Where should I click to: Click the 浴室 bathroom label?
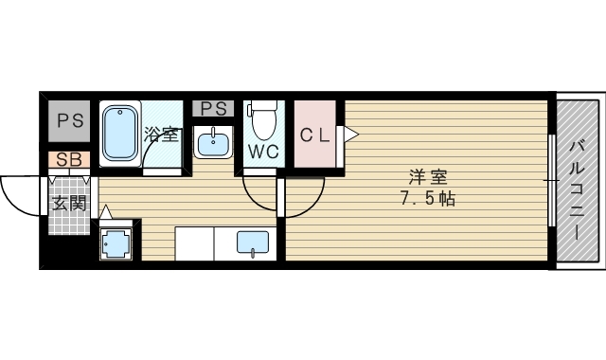coord(162,134)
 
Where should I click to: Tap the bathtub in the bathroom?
coord(119,134)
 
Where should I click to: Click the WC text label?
coord(262,150)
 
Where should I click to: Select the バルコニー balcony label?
coord(576,180)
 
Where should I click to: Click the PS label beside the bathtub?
coord(68,120)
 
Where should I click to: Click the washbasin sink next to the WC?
coord(214,143)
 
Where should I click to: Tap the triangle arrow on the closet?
coord(349,135)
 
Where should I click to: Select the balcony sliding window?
coord(551,180)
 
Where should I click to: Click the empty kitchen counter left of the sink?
coord(195,243)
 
